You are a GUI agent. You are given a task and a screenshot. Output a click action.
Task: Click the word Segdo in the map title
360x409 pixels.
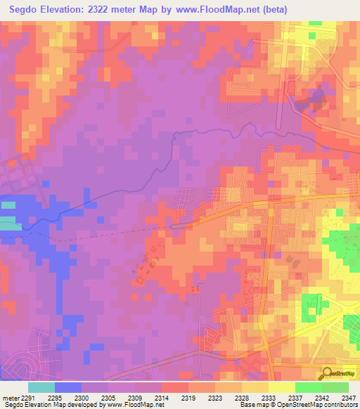coord(26,10)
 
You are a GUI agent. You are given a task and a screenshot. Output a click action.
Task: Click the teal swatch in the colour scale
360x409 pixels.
coord(41,387)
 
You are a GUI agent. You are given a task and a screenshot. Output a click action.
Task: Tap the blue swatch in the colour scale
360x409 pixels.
coord(68,387)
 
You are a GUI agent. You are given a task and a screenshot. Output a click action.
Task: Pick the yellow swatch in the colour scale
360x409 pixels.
coord(281,387)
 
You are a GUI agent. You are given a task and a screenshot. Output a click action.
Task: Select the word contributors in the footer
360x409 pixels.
coord(340,405)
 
